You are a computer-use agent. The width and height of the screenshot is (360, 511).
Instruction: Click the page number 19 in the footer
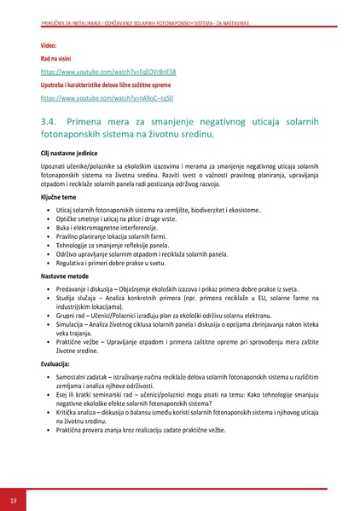[13, 499]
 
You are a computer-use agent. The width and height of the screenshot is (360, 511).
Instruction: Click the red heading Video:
[49, 44]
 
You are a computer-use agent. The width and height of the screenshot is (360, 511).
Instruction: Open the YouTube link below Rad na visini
[96, 73]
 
